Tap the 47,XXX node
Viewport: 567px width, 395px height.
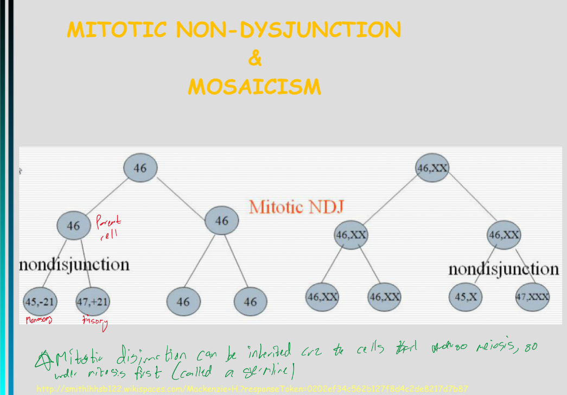coord(532,296)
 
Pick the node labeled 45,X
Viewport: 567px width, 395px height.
coord(466,296)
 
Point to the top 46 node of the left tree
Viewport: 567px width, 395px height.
coord(140,168)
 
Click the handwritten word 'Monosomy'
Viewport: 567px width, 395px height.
coord(39,320)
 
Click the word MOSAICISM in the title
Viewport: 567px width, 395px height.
coord(254,86)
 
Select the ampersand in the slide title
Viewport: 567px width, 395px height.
coord(254,58)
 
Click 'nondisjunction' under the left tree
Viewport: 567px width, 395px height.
coord(74,264)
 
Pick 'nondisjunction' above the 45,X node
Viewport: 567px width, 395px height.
coord(503,269)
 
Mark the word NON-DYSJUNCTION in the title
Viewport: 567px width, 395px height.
coord(288,30)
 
